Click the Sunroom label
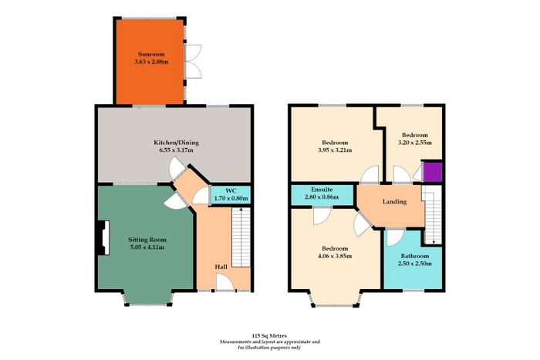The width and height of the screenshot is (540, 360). point(151,54)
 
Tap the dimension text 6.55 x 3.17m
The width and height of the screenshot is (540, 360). point(176,150)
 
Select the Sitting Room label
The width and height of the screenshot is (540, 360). point(147,240)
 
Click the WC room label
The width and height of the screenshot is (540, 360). point(231,190)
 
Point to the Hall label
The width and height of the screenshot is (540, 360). point(221,267)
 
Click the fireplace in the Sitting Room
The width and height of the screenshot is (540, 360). point(103,238)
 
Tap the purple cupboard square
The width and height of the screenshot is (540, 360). point(432,172)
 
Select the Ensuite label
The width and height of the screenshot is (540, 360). point(322,190)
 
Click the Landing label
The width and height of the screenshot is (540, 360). point(394,202)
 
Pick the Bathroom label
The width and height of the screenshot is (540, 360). point(415,256)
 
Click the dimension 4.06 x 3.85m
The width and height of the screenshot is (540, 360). point(335,256)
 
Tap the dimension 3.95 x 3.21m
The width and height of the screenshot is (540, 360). point(335,150)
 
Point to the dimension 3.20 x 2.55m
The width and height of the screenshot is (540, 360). point(415,143)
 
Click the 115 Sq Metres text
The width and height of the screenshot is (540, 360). point(269,335)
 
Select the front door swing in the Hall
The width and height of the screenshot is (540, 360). point(224,282)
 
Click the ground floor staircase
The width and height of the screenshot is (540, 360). point(241,237)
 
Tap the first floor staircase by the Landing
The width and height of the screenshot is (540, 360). point(433,215)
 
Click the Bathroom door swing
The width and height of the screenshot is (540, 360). point(395,238)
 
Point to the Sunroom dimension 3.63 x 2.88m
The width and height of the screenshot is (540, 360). point(151,62)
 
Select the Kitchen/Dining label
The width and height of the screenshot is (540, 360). point(176,143)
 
